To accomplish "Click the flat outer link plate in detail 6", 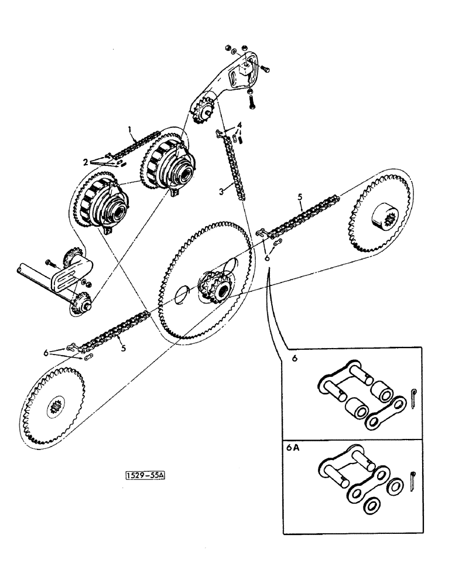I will tap(385, 413).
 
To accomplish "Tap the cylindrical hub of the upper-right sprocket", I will tap(383, 219).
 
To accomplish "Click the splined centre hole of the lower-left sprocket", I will tap(57, 406).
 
